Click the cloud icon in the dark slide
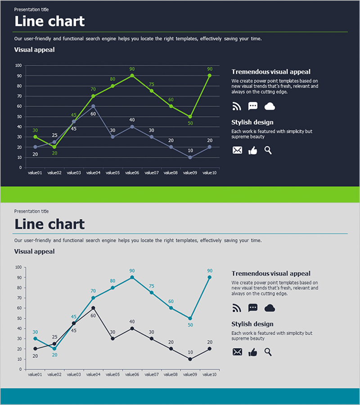point(270,106)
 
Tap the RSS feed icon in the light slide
point(237,308)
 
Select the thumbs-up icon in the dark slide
point(253,150)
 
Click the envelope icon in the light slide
point(237,352)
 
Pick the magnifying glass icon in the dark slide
point(268,150)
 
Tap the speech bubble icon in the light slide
point(253,308)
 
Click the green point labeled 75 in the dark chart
point(152,91)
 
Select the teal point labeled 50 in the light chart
point(190,318)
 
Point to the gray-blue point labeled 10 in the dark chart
point(190,157)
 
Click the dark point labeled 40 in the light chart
point(132,328)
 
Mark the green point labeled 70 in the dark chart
point(93,96)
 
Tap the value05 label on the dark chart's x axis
point(112,172)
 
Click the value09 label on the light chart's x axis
point(190,374)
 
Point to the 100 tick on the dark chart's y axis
point(18,65)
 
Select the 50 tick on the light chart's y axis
point(19,318)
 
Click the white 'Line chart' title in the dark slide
point(49,21)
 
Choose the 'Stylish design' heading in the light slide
point(252,324)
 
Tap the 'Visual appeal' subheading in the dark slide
point(35,49)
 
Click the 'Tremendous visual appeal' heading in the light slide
point(271,274)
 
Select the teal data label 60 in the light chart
point(171,301)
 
